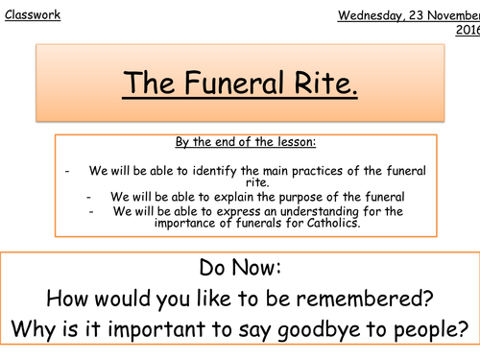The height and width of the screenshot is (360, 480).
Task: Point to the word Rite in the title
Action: coord(326,84)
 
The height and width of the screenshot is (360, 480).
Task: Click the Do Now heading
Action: coord(239,266)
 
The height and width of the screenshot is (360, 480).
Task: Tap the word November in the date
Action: coord(444,16)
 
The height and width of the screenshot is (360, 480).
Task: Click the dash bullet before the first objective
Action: coord(68,170)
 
